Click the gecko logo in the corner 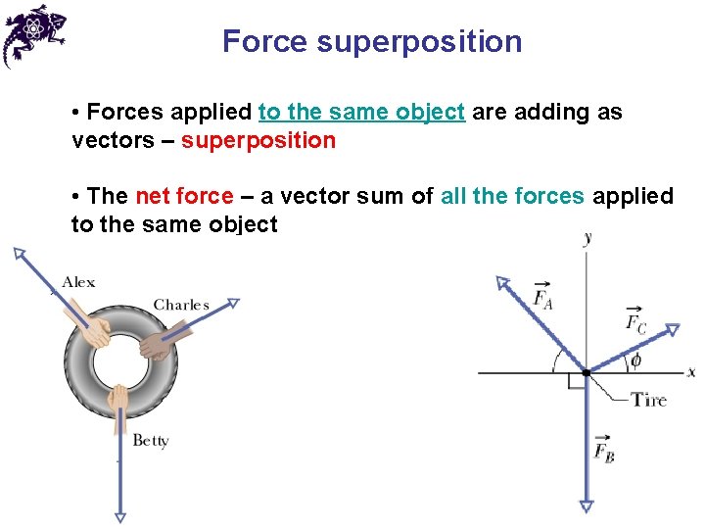tap(34, 35)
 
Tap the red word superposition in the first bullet tap(258, 140)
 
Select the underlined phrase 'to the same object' tap(361, 112)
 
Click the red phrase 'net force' tap(184, 196)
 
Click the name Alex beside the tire tap(79, 282)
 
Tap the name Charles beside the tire tap(181, 305)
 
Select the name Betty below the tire tap(151, 440)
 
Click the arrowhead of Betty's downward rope tap(119, 515)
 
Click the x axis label tap(691, 372)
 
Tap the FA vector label tap(541, 296)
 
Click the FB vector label tap(603, 450)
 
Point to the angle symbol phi tap(635, 361)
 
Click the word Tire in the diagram tap(648, 399)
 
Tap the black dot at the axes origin tap(586, 372)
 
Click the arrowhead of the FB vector tap(586, 505)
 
